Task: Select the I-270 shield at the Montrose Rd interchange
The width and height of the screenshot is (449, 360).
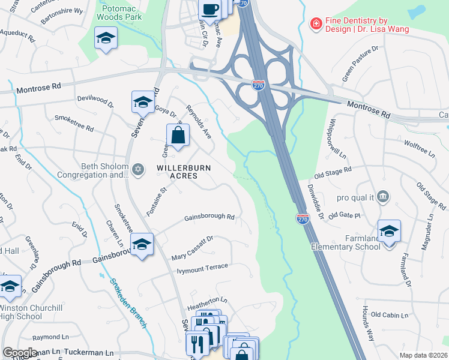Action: pyautogui.click(x=259, y=85)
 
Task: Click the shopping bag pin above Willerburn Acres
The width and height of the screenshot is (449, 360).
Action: pyautogui.click(x=178, y=136)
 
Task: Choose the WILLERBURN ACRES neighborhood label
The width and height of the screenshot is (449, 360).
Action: pyautogui.click(x=184, y=172)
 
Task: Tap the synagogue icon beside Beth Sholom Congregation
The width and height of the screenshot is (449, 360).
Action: pyautogui.click(x=139, y=170)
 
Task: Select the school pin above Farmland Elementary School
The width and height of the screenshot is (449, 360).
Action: pyautogui.click(x=389, y=232)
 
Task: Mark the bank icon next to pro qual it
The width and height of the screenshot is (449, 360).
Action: pyautogui.click(x=384, y=197)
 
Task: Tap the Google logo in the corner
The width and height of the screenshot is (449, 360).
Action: pyautogui.click(x=20, y=353)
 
